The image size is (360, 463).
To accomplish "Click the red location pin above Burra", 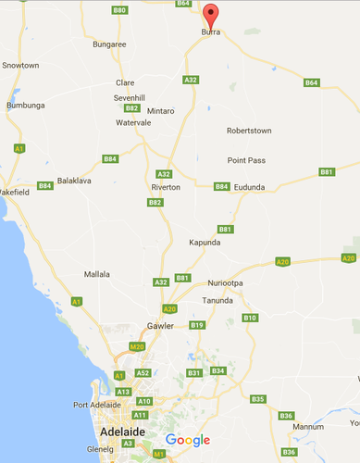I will [x=211, y=15].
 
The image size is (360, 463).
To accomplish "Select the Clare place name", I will [x=125, y=82].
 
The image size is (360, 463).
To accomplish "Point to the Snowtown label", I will [x=20, y=66].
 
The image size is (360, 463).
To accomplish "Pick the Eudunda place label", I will [x=249, y=187].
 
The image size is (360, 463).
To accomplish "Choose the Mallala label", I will [x=97, y=274].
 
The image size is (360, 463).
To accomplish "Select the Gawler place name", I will [x=161, y=326].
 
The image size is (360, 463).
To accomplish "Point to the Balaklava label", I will [x=76, y=181].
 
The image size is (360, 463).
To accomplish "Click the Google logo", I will [x=188, y=440].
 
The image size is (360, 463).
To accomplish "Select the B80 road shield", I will [x=119, y=9].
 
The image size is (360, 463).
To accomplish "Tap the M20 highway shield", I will [x=138, y=346].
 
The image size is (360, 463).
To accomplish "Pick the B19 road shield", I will [x=197, y=325].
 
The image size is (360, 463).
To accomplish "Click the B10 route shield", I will [x=250, y=318].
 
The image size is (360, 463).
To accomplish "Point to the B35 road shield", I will [x=258, y=399].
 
